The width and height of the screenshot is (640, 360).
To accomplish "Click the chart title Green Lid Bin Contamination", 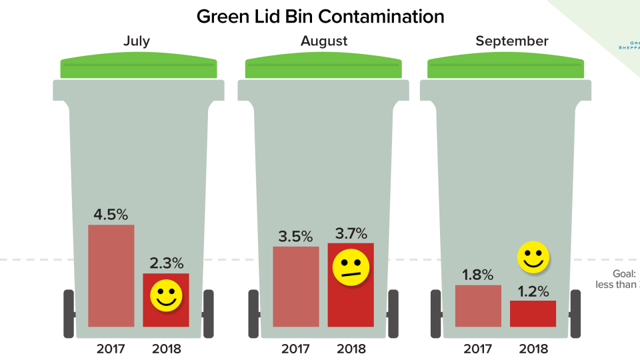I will (x=320, y=17).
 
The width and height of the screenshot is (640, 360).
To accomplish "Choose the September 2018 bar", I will (x=533, y=314).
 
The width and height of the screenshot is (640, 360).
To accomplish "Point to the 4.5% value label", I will (x=111, y=215).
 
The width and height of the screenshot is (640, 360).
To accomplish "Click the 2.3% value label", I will (x=167, y=263).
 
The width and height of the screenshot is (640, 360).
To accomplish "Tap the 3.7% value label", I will (x=351, y=233).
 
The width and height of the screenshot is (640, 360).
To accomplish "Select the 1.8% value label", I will (x=477, y=275).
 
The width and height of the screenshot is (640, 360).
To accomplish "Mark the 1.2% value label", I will (x=533, y=291).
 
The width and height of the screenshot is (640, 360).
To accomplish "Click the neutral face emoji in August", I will (x=351, y=267).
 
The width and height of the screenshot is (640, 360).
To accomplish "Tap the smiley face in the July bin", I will (x=166, y=295).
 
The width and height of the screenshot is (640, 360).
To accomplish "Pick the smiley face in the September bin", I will (x=533, y=257).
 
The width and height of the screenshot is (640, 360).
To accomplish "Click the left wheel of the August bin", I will (x=253, y=313).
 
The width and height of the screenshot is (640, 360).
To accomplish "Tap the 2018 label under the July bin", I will (x=167, y=348).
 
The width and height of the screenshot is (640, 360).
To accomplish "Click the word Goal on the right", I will (x=625, y=274).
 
